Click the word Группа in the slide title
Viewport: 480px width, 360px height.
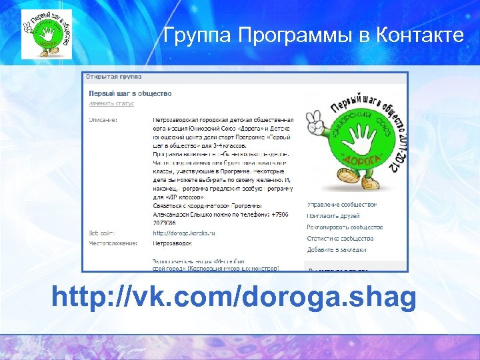195,35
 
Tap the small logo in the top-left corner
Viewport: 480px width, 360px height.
45,33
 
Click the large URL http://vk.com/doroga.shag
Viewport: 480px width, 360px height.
234,297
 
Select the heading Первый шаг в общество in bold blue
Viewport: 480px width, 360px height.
130,93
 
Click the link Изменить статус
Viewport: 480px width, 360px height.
111,103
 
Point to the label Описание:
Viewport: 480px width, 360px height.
103,120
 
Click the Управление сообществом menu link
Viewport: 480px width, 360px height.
341,204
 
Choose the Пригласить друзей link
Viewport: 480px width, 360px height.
333,215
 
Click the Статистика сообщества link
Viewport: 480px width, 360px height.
340,238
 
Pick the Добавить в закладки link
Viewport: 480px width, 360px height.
336,249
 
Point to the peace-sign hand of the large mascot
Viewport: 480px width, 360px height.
311,123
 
